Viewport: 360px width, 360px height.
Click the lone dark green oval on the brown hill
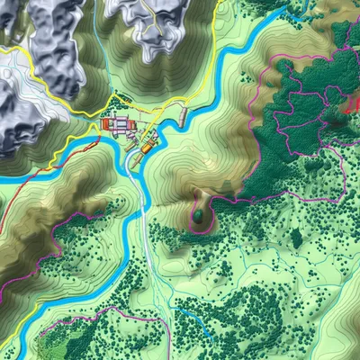point(197,217)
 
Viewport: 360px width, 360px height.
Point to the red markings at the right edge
point(352,103)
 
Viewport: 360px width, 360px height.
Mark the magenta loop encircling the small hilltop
point(212,207)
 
